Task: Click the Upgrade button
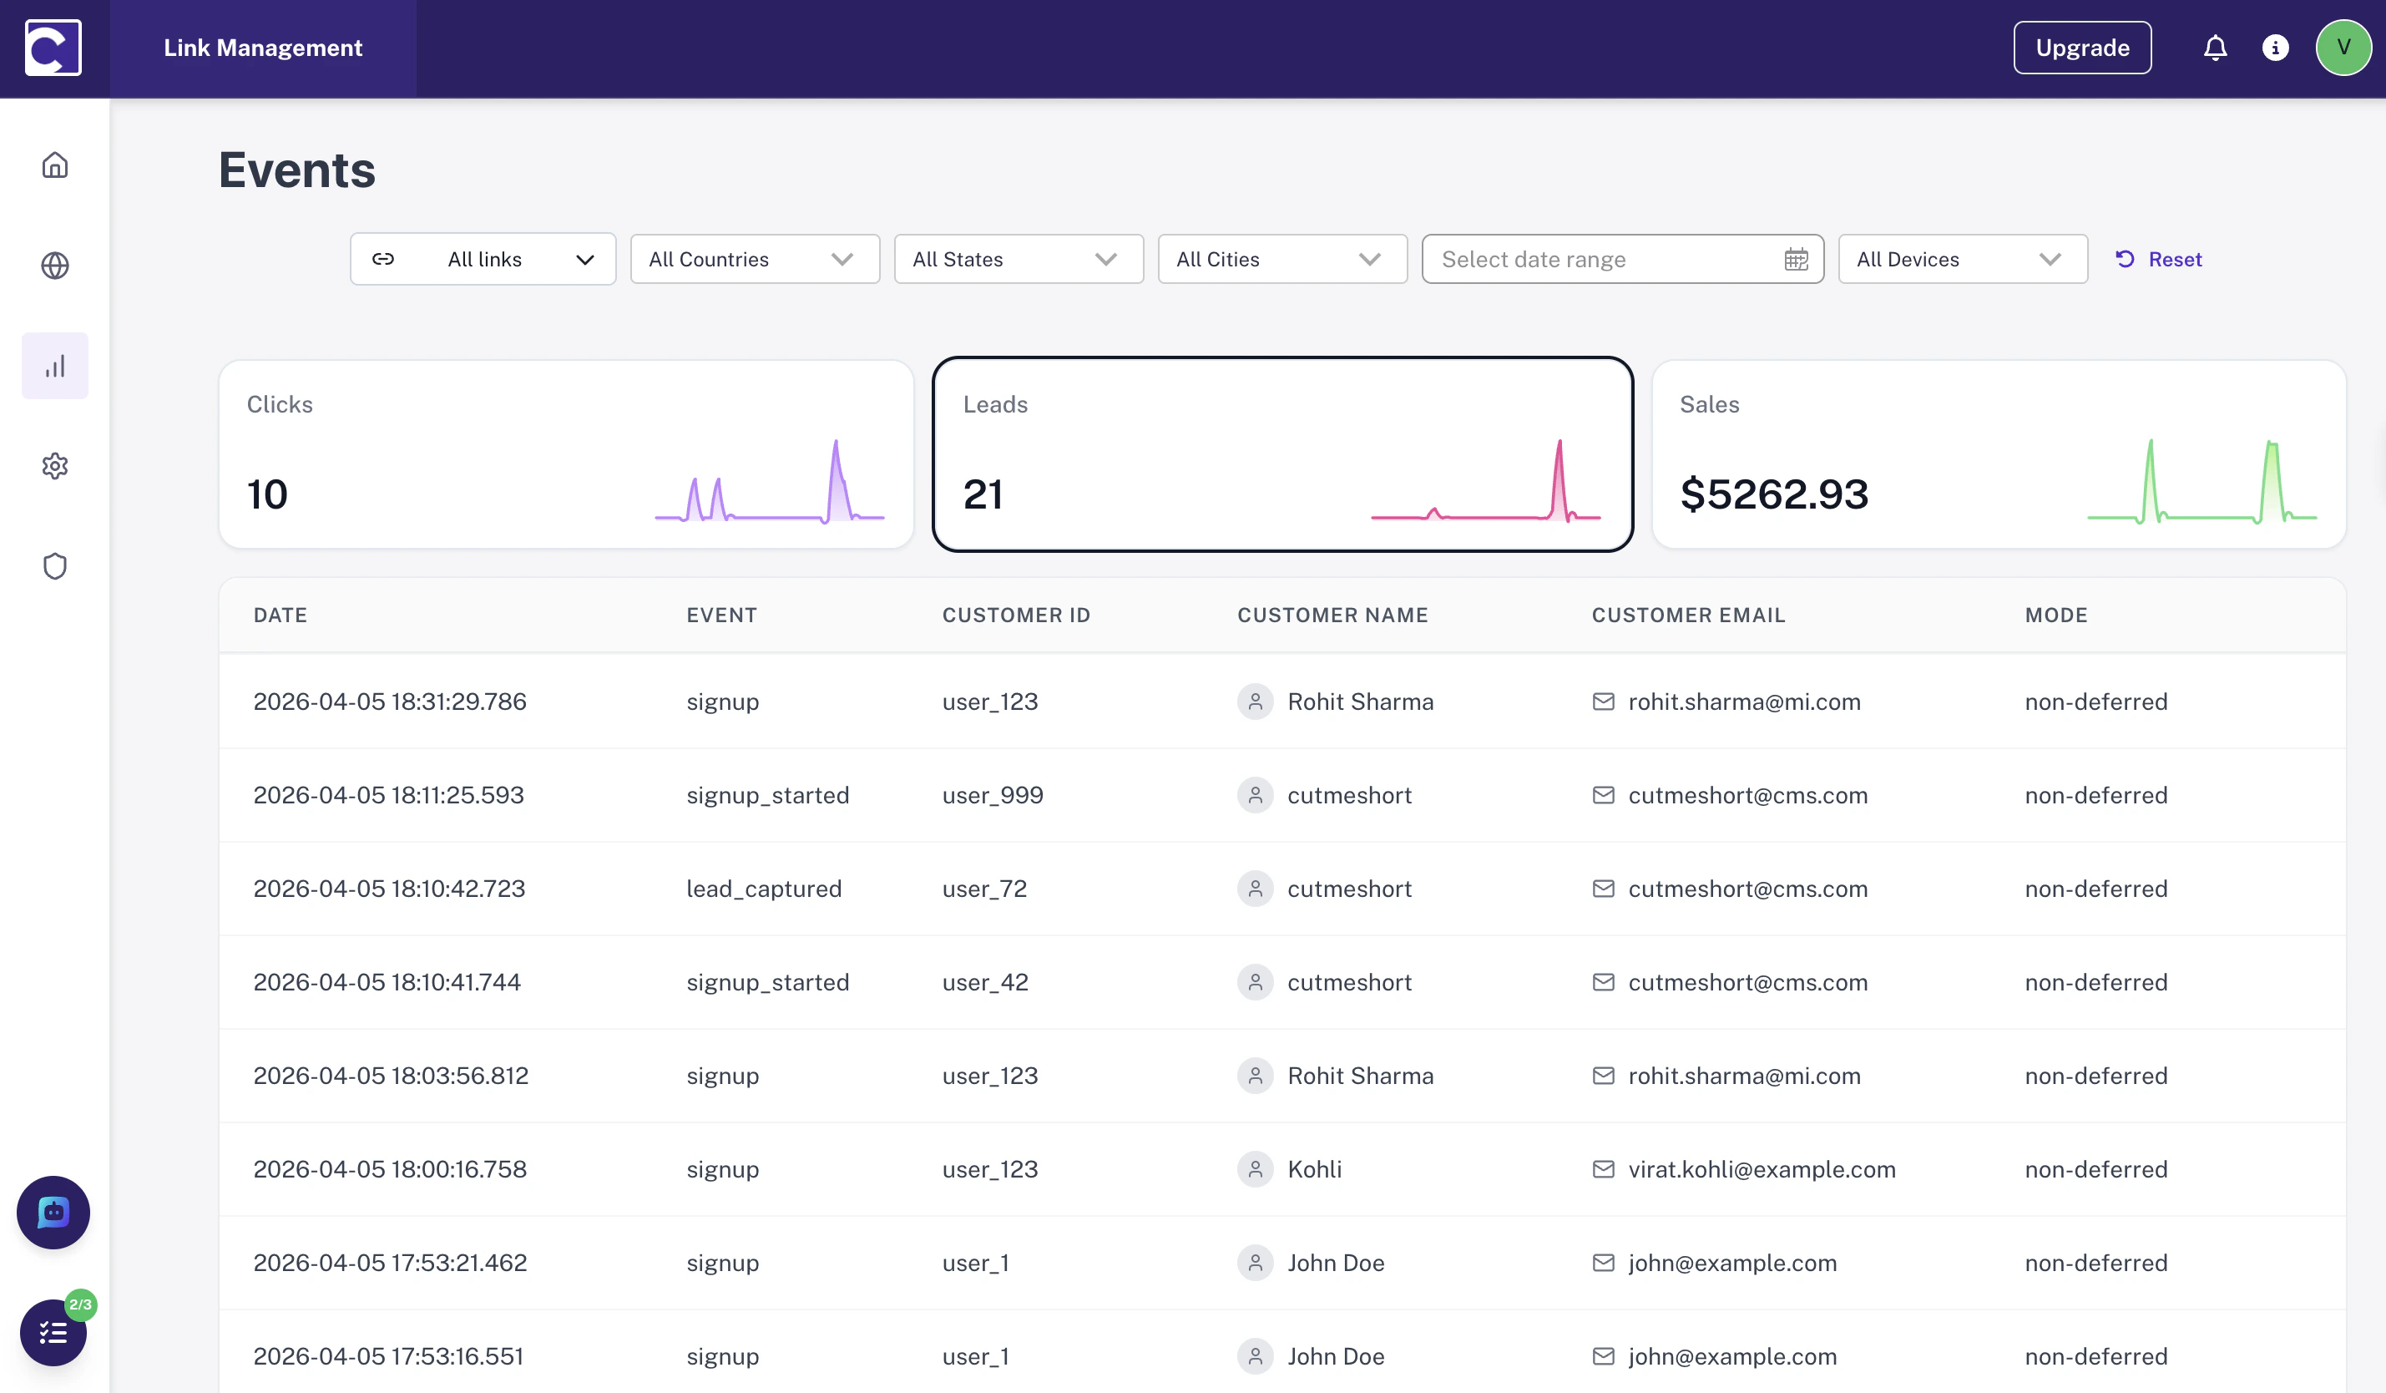2081,48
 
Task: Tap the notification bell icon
2215,48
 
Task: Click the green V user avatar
2343,48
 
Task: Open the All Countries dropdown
754,260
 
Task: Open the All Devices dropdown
1962,260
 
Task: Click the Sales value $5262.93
1773,494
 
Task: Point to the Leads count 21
983,494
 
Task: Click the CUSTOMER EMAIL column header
1688,615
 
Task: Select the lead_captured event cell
763,889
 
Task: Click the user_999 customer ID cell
993,795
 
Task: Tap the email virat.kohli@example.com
1761,1169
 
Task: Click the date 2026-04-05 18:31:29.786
389,702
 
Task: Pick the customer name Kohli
1314,1169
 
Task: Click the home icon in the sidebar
55,165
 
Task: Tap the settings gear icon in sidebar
55,466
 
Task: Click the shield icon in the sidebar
55,566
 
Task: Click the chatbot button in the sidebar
53,1212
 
